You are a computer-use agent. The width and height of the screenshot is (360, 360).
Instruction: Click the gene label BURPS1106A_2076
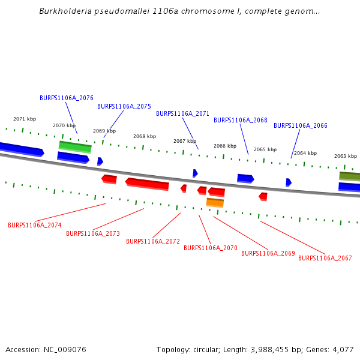coord(67,98)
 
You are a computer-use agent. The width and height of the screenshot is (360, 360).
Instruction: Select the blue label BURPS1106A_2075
coord(124,106)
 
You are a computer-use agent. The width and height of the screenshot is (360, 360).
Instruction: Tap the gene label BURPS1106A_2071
coord(183,113)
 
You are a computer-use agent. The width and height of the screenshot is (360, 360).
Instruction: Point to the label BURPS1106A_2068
coord(241,121)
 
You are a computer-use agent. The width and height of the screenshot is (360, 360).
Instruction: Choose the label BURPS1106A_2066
coord(301,125)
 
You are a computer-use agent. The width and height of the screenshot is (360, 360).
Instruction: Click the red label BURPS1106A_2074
coord(35,225)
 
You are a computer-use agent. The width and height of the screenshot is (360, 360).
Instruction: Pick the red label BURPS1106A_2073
coord(93,234)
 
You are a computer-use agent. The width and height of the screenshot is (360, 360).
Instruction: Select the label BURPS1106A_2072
coord(153,242)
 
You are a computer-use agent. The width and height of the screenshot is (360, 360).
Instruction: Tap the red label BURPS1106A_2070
coord(211,248)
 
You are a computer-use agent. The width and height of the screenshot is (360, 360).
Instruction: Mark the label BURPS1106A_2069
coord(268,253)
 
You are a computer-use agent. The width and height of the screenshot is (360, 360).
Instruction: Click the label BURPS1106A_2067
coord(325,258)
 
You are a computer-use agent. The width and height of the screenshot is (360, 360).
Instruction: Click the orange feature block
coord(215,203)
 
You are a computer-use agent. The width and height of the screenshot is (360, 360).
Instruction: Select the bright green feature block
coord(75,147)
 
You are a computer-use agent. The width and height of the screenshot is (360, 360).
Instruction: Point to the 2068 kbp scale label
coord(145,136)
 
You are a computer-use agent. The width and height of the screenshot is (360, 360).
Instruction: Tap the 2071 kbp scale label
coord(25,119)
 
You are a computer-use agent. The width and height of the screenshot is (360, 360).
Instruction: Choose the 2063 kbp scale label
coord(346,156)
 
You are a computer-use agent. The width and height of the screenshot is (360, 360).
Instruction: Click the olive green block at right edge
coord(350,176)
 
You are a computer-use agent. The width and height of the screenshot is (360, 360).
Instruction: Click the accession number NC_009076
coord(65,350)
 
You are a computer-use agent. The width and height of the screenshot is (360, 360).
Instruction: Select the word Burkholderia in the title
coord(65,11)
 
